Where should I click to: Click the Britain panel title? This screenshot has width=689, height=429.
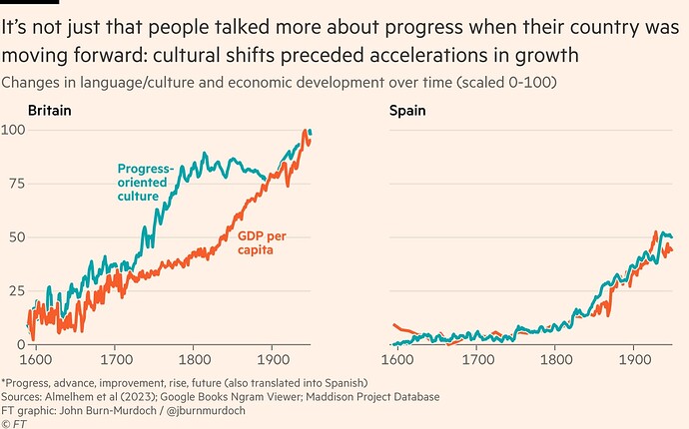[49, 111]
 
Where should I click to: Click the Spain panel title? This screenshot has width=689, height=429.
[407, 111]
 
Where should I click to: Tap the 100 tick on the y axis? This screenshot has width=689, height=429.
[13, 131]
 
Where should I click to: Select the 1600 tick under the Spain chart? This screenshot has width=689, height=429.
[397, 357]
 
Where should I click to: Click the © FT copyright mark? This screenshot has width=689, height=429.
[14, 422]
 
